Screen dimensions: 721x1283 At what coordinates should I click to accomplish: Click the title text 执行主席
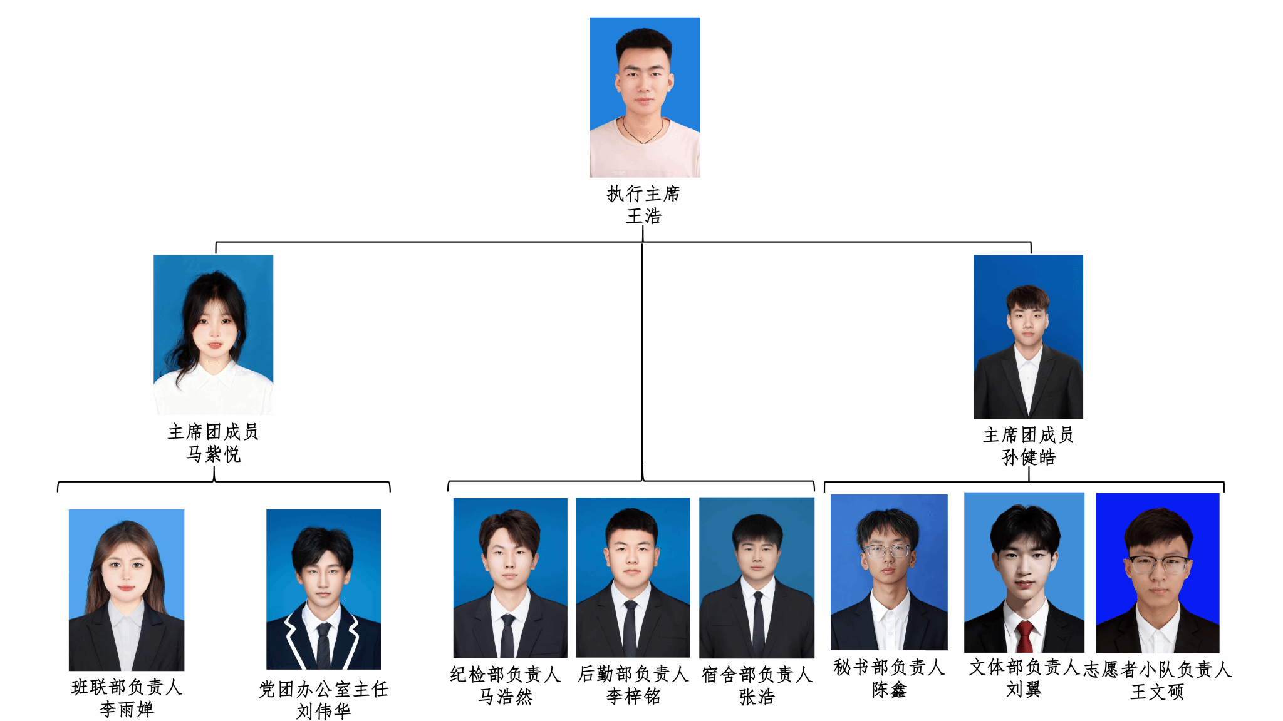(643, 194)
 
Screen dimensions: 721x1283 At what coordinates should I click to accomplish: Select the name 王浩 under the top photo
(644, 216)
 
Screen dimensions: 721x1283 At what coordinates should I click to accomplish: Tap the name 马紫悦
(213, 454)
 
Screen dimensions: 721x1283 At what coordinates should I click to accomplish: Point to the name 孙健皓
(1029, 457)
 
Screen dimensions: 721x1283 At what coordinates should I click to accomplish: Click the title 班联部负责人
(127, 687)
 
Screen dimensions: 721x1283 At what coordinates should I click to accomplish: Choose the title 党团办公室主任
(323, 689)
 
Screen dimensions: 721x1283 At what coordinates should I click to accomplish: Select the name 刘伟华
(323, 711)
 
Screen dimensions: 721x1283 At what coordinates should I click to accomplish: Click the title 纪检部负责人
(505, 674)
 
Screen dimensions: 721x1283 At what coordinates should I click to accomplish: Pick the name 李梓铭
(633, 696)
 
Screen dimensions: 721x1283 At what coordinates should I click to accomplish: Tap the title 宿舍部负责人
(757, 675)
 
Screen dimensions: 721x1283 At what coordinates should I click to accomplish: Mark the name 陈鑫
(889, 690)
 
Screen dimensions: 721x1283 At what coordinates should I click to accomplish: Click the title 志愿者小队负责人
(1157, 670)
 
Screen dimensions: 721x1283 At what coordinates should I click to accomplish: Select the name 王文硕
(1157, 692)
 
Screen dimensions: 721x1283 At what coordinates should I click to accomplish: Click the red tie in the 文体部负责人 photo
(1025, 636)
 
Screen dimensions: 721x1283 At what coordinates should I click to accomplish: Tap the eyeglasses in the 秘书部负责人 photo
(887, 551)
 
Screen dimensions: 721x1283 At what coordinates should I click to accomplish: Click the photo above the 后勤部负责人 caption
(633, 577)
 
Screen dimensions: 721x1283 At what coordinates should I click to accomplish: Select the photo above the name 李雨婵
(127, 590)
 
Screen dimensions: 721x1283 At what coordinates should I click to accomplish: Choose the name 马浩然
(505, 696)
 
